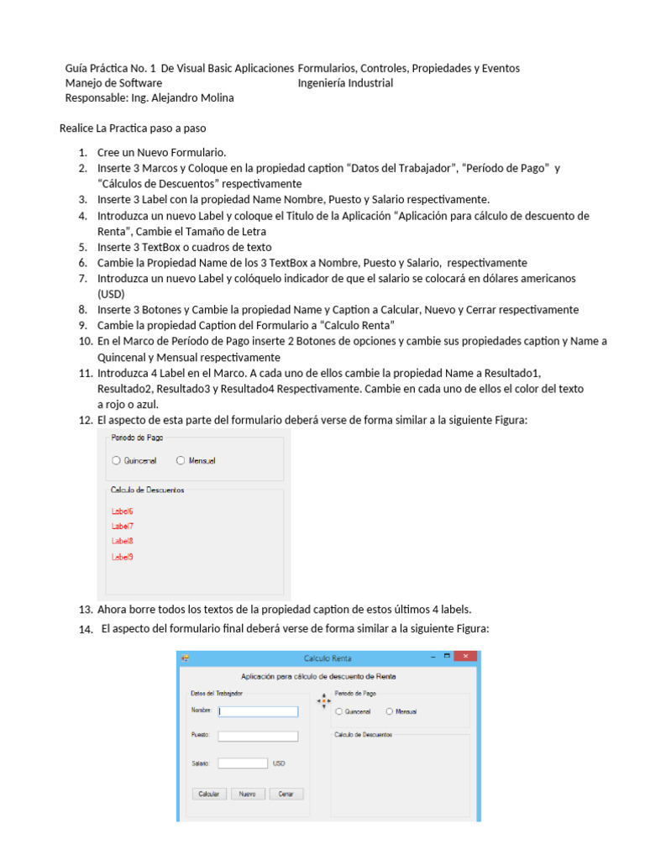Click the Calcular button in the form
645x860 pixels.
pos(210,794)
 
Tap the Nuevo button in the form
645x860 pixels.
pos(248,794)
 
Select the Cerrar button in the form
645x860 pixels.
pos(286,794)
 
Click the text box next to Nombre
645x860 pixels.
pos(258,711)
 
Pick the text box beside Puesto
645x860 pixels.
pos(258,737)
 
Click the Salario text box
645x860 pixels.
pos(243,763)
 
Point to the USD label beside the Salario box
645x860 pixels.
pos(279,763)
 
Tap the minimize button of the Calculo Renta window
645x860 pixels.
pos(433,657)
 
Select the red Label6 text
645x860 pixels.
pos(123,511)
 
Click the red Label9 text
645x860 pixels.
pos(123,557)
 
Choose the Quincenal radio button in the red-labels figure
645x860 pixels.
pos(117,460)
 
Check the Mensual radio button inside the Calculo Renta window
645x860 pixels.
pos(390,711)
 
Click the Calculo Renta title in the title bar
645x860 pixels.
pos(328,658)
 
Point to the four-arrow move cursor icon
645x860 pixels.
pos(323,701)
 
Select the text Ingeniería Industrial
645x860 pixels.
pos(345,83)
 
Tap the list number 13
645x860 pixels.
pos(85,610)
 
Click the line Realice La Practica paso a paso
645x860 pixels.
pos(132,128)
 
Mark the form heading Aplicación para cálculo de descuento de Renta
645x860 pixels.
pos(318,676)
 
